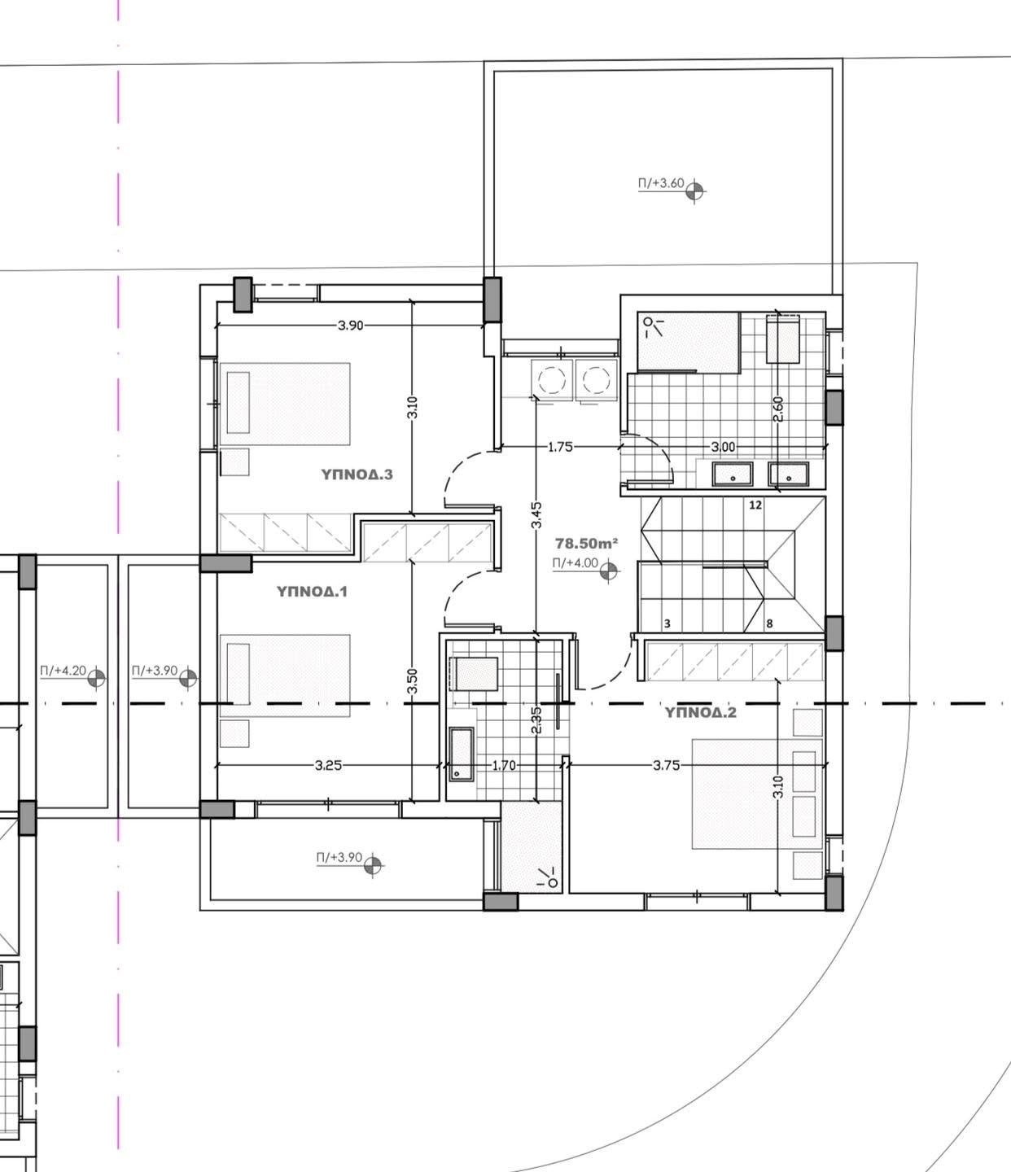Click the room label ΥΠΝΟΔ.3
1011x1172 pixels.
point(357,474)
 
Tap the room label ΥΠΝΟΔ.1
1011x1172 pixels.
point(312,592)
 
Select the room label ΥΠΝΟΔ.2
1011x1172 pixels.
point(700,712)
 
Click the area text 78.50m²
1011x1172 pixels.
point(586,543)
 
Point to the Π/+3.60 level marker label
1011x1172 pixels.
point(661,184)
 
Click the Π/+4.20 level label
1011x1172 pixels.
point(63,670)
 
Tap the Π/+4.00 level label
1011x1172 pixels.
point(575,563)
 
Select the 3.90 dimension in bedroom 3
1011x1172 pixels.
point(350,326)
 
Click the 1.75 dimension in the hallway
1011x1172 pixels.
point(560,447)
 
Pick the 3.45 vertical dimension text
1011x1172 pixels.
point(536,515)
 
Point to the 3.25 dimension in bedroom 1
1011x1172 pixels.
point(328,765)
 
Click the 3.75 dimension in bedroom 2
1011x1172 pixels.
point(666,765)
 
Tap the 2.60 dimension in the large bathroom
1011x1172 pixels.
point(778,409)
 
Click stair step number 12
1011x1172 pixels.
point(755,505)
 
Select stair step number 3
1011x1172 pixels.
point(667,623)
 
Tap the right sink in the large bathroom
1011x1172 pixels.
point(788,474)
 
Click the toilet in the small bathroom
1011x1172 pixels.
point(473,674)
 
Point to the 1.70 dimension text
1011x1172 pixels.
point(504,765)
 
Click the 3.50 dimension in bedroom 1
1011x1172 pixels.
point(413,681)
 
